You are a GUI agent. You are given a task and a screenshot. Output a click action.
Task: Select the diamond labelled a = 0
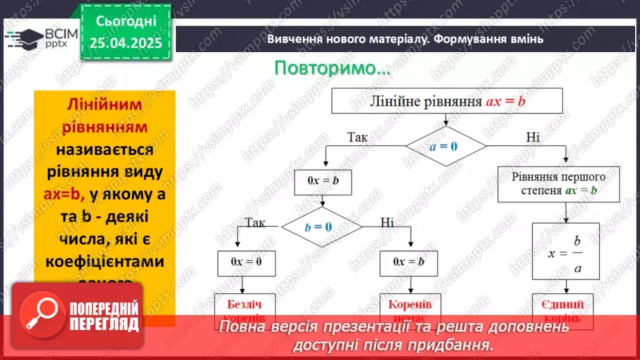click(445, 146)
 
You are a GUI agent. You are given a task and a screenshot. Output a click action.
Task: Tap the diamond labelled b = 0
click(321, 227)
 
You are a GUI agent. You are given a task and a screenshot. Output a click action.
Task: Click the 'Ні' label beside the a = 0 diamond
click(532, 137)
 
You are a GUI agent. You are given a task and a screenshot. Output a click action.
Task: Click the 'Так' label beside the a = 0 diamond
click(357, 137)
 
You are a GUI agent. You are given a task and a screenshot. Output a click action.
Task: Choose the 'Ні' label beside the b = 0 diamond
click(387, 222)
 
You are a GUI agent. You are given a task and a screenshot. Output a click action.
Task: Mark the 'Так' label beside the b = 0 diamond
click(254, 222)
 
